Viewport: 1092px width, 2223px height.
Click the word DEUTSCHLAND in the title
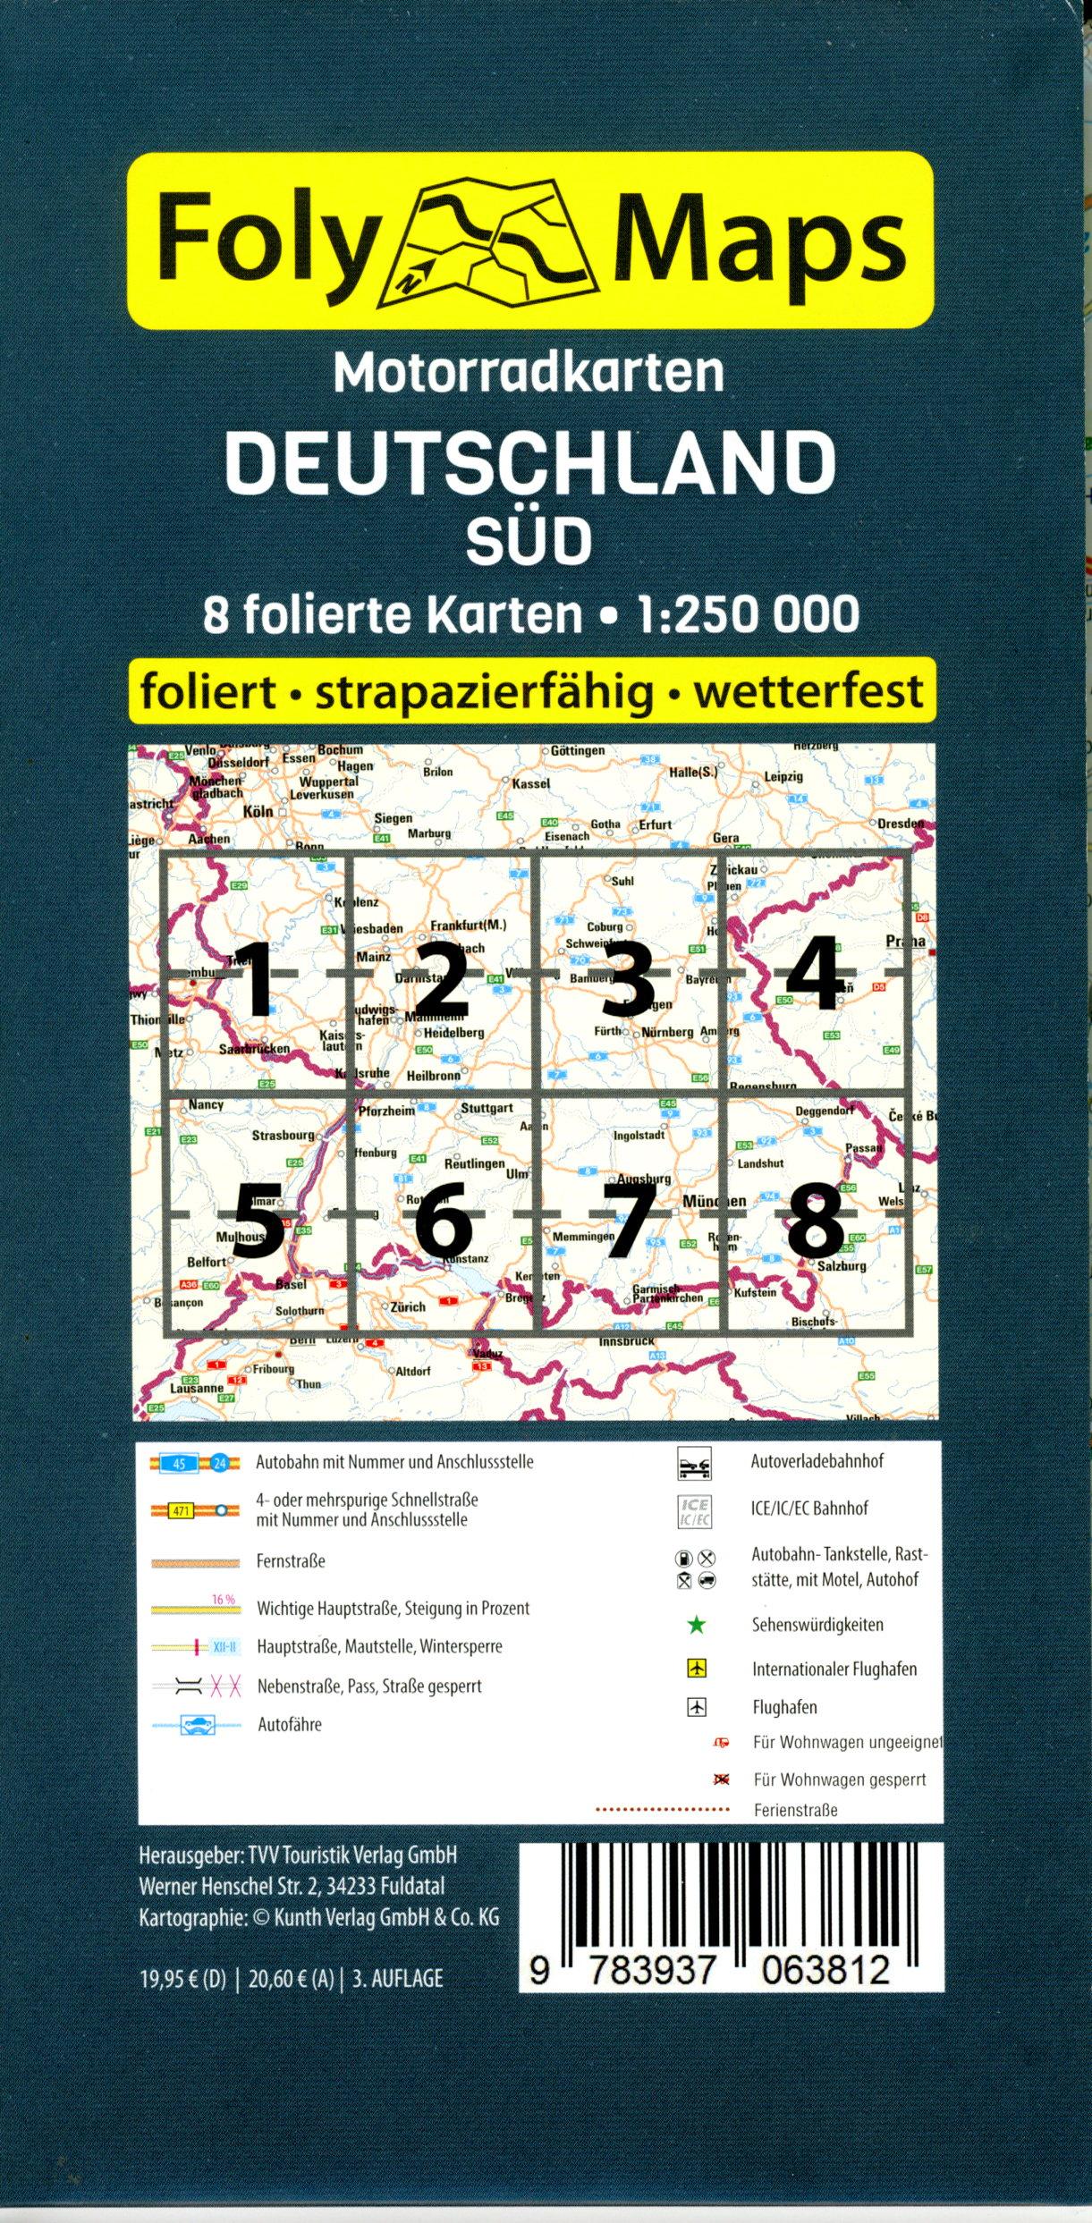529,463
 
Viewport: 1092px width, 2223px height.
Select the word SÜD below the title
529,540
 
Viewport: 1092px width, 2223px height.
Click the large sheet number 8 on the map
816,1219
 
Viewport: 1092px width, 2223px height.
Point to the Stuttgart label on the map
487,1109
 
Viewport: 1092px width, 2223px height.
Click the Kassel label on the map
531,783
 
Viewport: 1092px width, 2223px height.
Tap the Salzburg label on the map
842,1266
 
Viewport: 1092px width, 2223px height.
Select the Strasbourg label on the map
283,1136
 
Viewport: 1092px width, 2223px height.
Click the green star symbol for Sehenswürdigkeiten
697,1625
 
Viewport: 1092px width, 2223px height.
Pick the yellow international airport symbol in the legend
697,1669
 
